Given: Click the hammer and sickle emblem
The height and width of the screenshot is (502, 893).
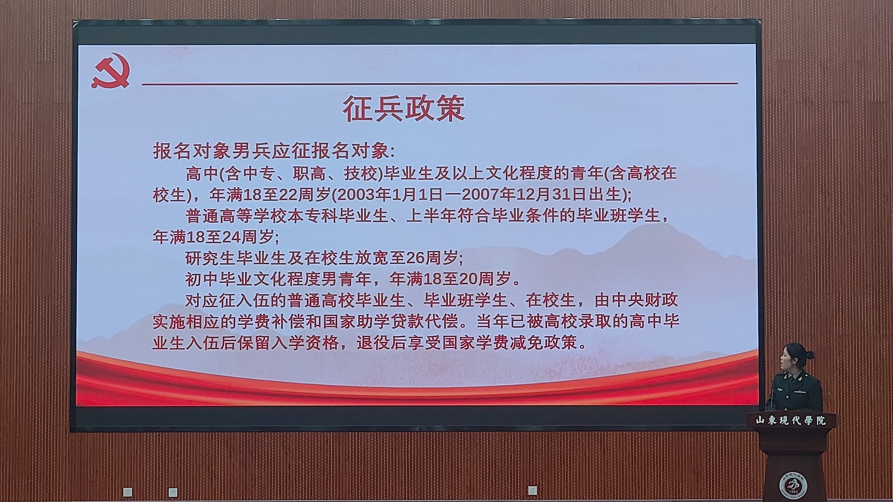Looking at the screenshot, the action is click(110, 71).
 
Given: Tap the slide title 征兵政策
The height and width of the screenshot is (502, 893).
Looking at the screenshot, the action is click(404, 109).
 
